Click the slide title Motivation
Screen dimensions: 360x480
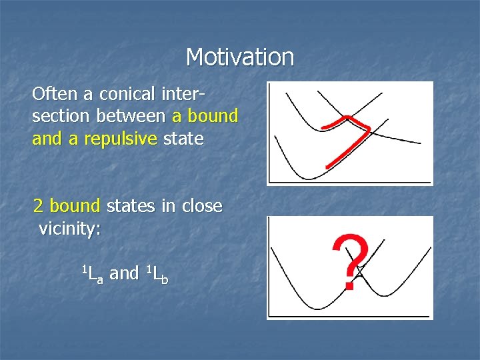click(x=240, y=57)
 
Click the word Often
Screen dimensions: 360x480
click(x=50, y=93)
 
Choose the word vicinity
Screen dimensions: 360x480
click(x=69, y=229)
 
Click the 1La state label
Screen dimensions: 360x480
click(x=92, y=273)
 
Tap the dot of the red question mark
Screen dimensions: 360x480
click(x=349, y=285)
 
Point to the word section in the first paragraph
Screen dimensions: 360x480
click(x=61, y=116)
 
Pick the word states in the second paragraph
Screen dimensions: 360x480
click(x=131, y=206)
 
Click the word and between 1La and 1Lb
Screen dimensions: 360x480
click(x=124, y=273)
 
